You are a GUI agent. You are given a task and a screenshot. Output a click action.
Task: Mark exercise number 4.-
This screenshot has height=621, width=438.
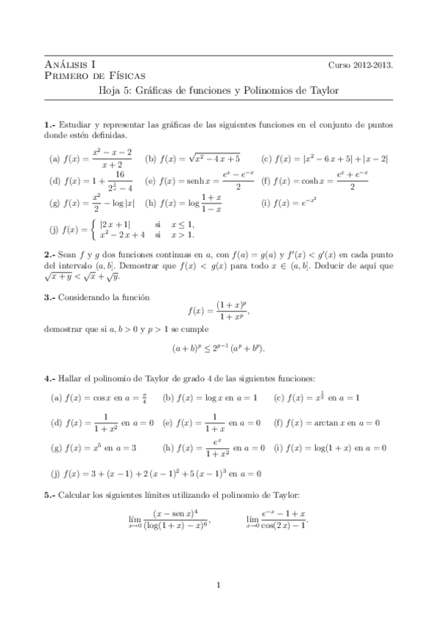click(x=50, y=378)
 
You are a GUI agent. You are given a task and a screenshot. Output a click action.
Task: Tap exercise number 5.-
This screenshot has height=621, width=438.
click(x=50, y=496)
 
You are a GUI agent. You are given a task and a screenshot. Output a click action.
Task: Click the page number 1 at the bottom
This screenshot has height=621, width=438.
click(x=219, y=584)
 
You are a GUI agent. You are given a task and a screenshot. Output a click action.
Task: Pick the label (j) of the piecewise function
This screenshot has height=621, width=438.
click(x=54, y=229)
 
